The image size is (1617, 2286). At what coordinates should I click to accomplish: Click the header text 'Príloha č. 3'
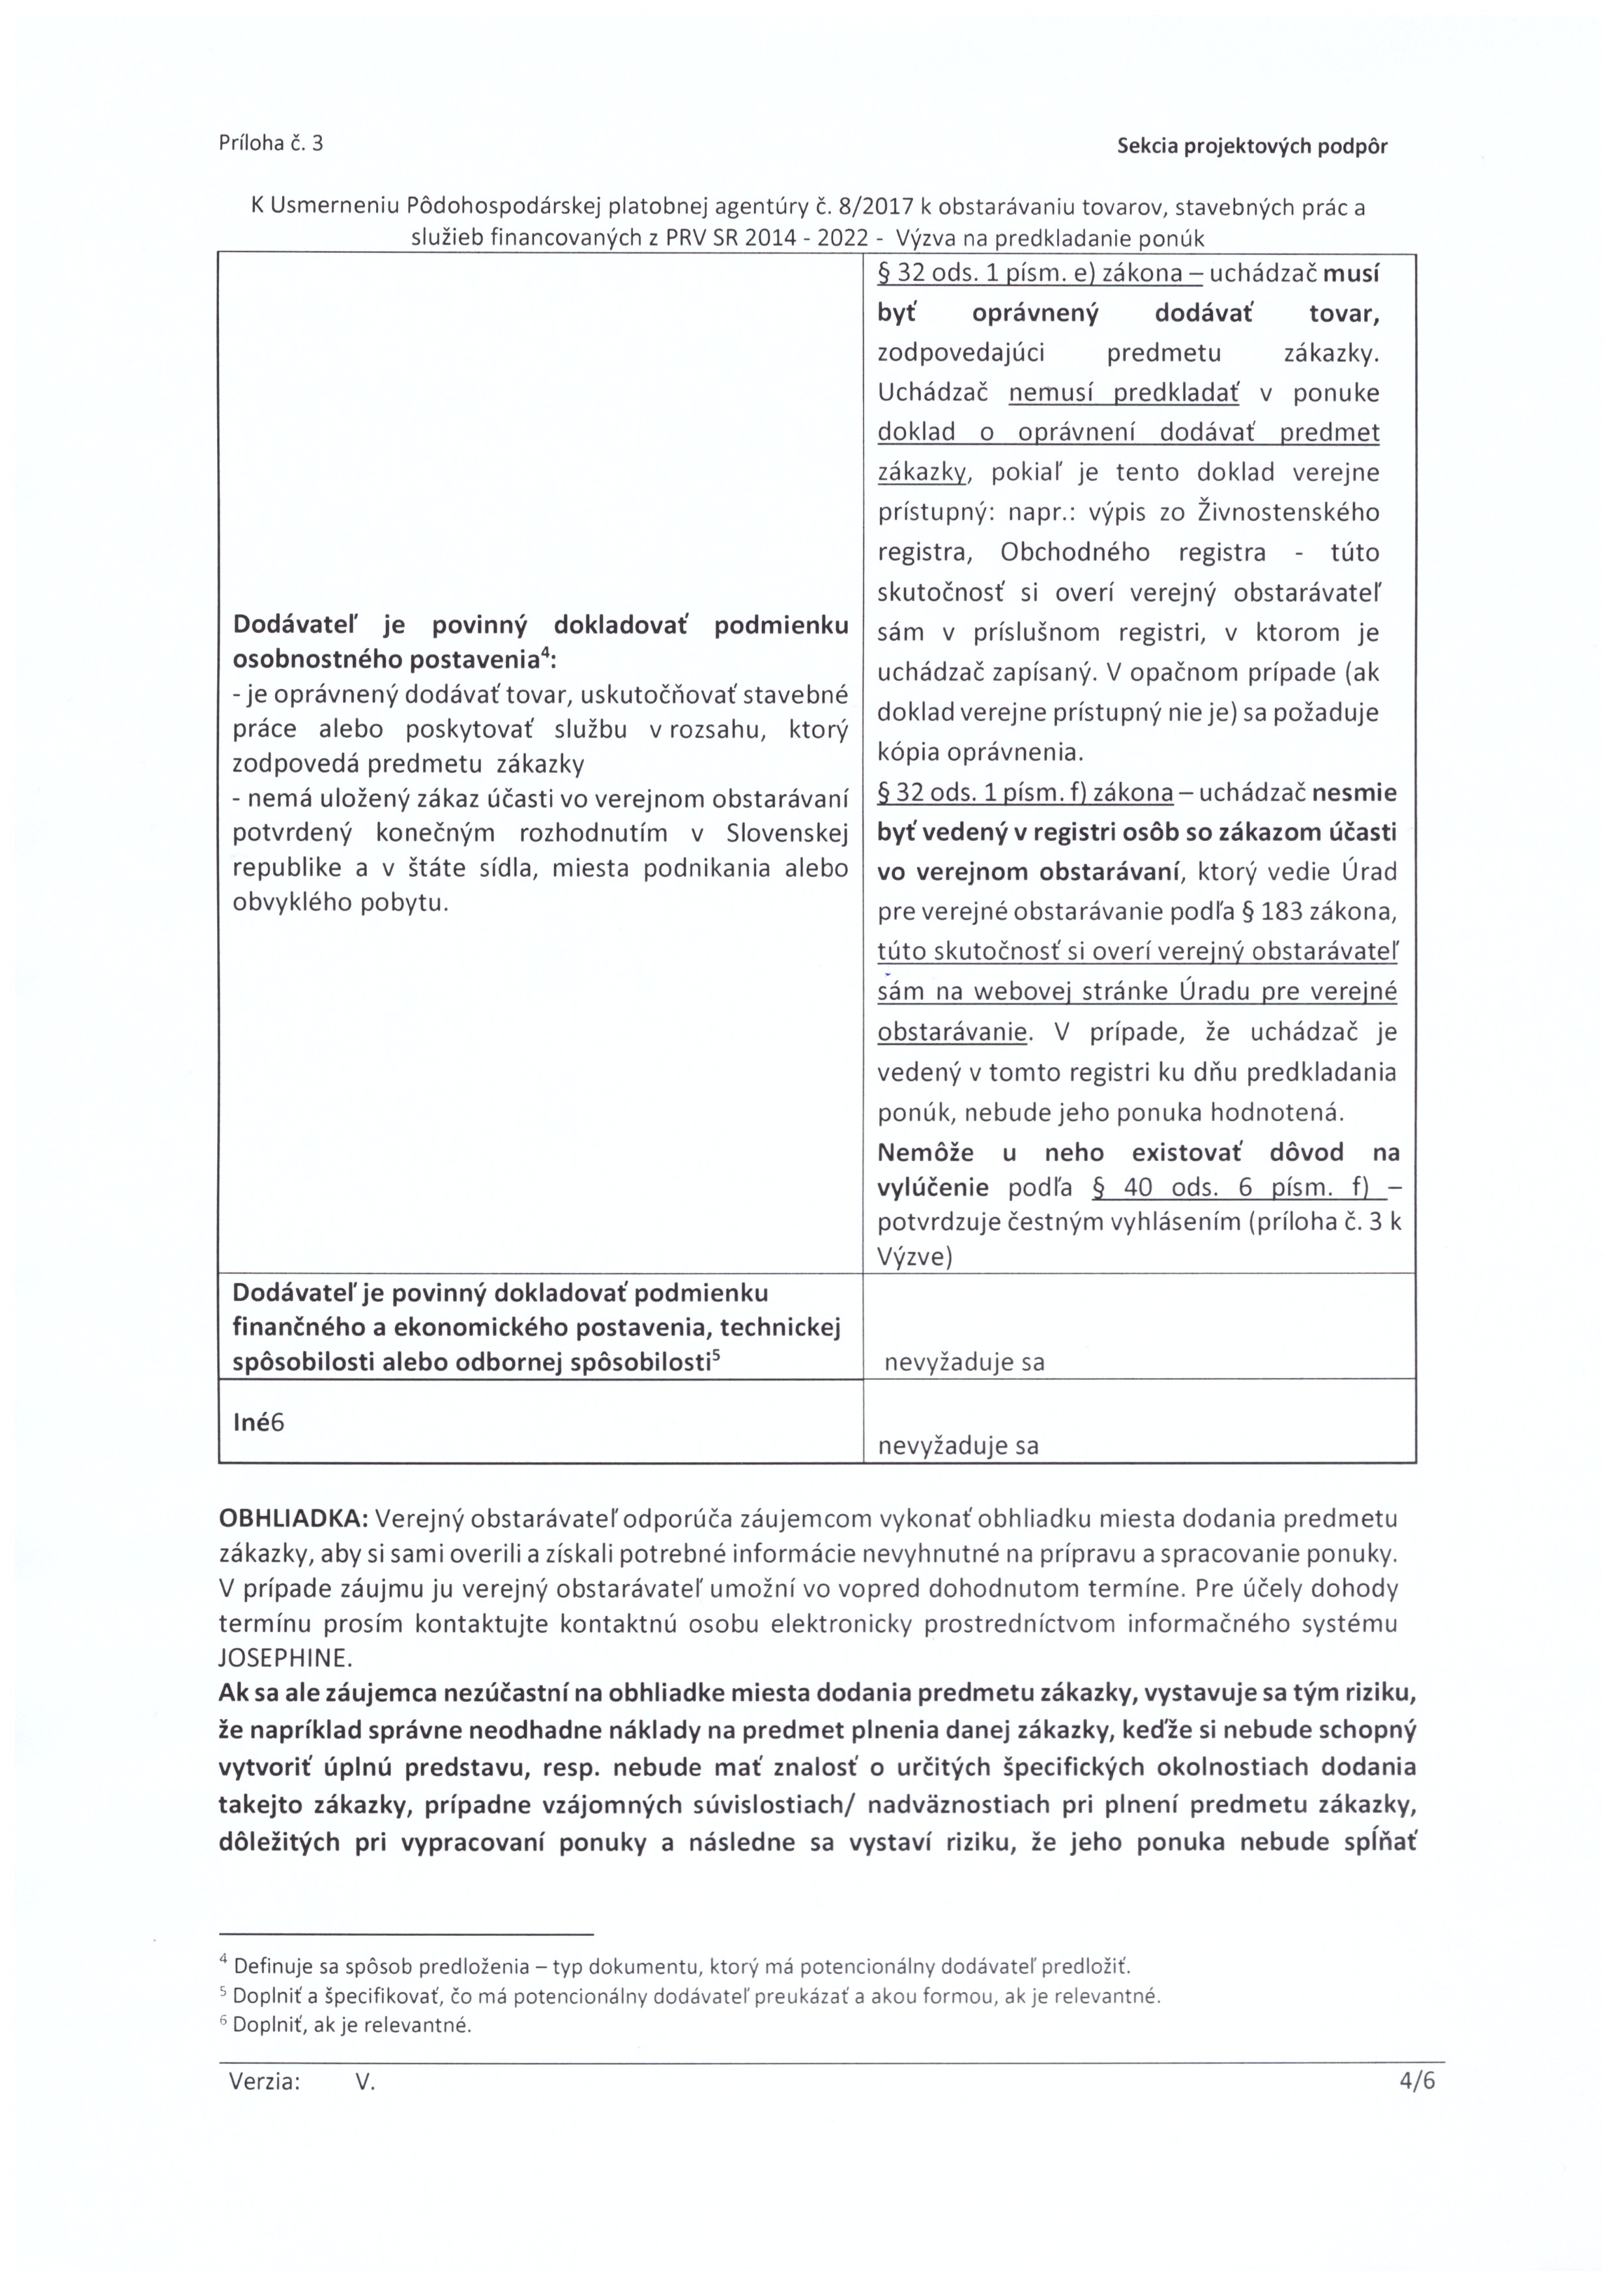[271, 143]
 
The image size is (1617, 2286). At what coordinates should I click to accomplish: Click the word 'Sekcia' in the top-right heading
[1147, 147]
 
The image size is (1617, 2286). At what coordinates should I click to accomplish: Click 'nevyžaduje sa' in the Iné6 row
[958, 1446]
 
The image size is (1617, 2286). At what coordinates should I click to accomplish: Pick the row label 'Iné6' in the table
[258, 1422]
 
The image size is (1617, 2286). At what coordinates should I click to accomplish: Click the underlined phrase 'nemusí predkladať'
[1124, 393]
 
